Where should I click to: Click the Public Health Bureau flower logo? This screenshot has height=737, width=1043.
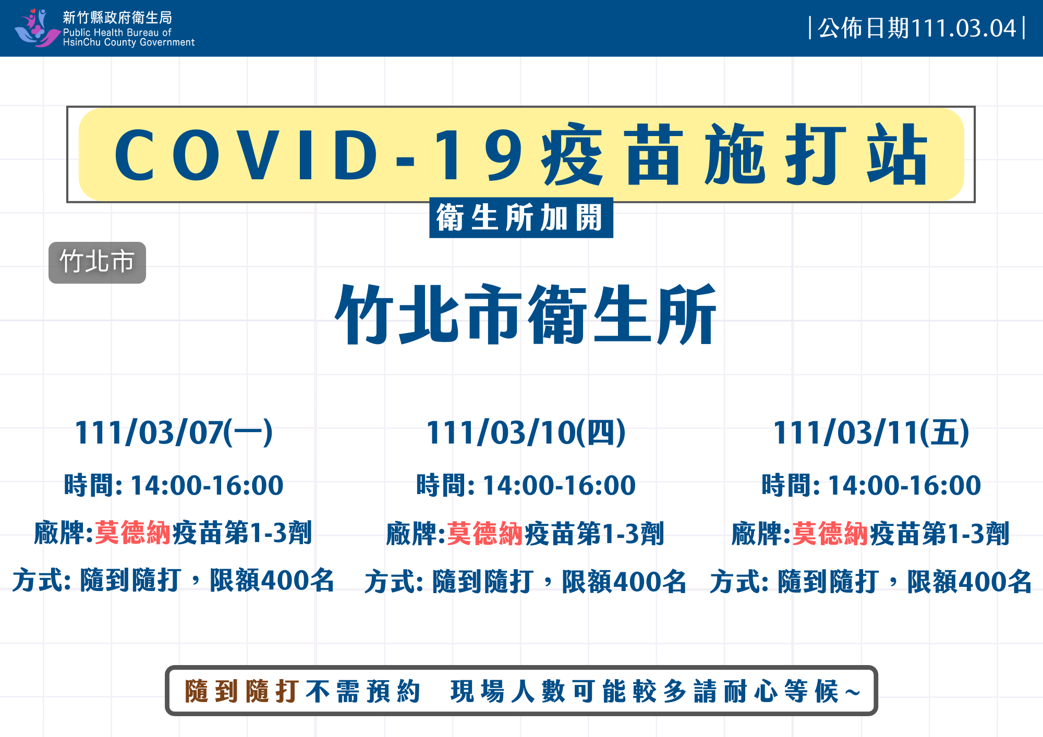point(37,28)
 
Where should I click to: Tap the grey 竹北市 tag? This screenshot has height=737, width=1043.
point(97,262)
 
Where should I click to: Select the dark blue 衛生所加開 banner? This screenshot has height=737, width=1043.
point(521,217)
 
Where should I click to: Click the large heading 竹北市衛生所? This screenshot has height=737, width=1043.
point(526,314)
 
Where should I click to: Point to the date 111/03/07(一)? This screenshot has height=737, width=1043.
point(174,433)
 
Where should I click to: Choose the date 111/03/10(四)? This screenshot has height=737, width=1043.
point(526,433)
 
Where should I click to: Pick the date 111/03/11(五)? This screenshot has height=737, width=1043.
point(871,433)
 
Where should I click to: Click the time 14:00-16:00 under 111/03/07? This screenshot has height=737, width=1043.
point(207,485)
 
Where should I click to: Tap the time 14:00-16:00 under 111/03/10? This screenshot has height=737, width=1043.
point(559,485)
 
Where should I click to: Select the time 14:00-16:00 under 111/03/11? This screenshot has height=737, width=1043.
point(904,485)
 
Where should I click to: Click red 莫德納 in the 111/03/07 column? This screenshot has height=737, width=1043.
point(133,533)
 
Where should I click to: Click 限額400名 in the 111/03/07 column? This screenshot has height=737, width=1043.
point(272,580)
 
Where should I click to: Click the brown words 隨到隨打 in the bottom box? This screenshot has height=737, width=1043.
point(242,691)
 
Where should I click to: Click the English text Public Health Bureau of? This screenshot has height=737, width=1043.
point(117,32)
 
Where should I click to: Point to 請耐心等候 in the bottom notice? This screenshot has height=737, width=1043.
point(767,691)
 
